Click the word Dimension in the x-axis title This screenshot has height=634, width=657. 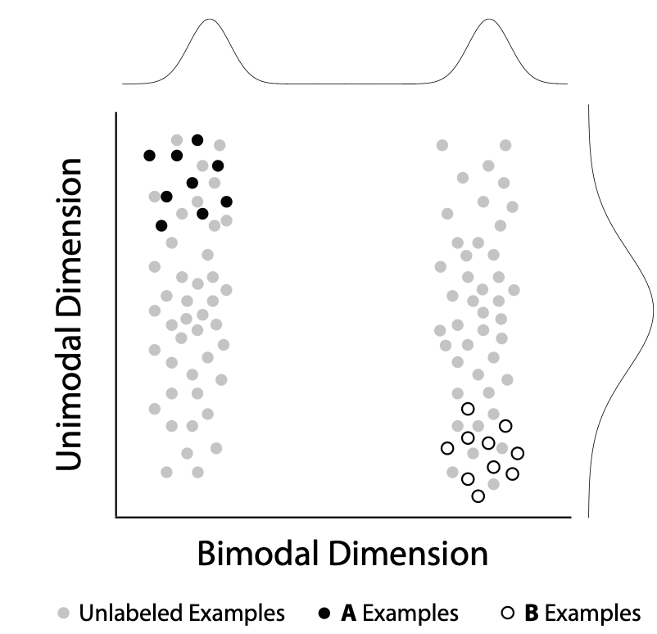pyautogui.click(x=410, y=555)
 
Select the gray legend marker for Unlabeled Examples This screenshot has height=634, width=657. pyautogui.click(x=64, y=613)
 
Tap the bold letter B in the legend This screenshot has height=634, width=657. pyautogui.click(x=530, y=613)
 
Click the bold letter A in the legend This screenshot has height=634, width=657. pyautogui.click(x=349, y=613)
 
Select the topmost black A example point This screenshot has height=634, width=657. pyautogui.click(x=197, y=139)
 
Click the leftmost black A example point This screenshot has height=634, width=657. pyautogui.click(x=149, y=155)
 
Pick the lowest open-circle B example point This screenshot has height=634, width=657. pyautogui.click(x=478, y=496)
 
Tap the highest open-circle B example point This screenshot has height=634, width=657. pyautogui.click(x=468, y=408)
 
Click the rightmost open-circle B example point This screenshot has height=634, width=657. pyautogui.click(x=517, y=453)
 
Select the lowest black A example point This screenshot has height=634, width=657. pyautogui.click(x=161, y=225)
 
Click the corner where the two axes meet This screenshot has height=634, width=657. pyautogui.click(x=116, y=517)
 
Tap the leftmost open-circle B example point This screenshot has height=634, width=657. pyautogui.click(x=446, y=448)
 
